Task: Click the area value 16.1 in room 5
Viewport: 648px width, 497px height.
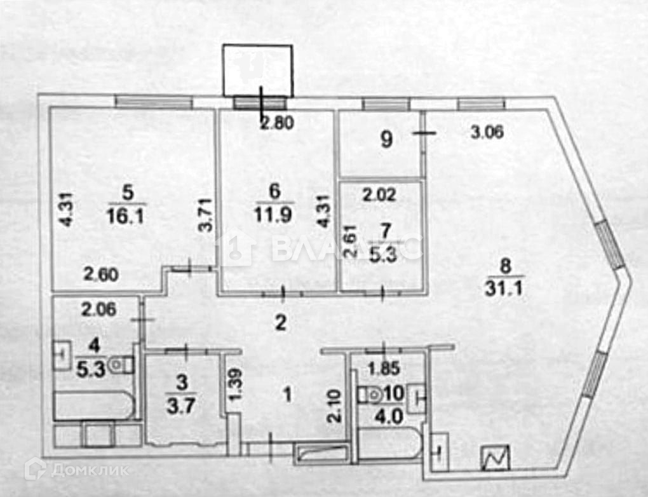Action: (x=126, y=216)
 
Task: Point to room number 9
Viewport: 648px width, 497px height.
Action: (x=386, y=140)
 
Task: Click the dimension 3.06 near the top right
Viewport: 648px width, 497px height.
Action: (x=487, y=133)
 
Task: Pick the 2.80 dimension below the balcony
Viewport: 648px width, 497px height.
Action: (x=277, y=124)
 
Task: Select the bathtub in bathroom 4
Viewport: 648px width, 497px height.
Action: (x=94, y=405)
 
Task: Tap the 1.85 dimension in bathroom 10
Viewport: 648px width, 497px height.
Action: (x=384, y=367)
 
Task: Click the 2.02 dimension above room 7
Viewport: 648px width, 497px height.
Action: (x=380, y=194)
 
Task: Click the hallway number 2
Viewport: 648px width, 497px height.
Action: (x=280, y=323)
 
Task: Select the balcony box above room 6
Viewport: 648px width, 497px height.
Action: (x=257, y=70)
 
